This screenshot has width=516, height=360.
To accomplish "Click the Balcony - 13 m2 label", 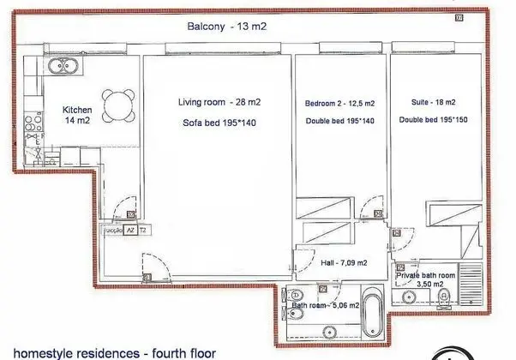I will (x=227, y=27).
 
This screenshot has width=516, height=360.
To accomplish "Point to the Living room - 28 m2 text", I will (x=219, y=102).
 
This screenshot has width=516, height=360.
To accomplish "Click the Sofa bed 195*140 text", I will (x=219, y=123).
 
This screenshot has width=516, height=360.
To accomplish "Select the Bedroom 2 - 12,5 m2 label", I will (x=340, y=103).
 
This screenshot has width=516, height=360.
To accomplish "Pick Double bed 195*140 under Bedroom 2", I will (x=340, y=122).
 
